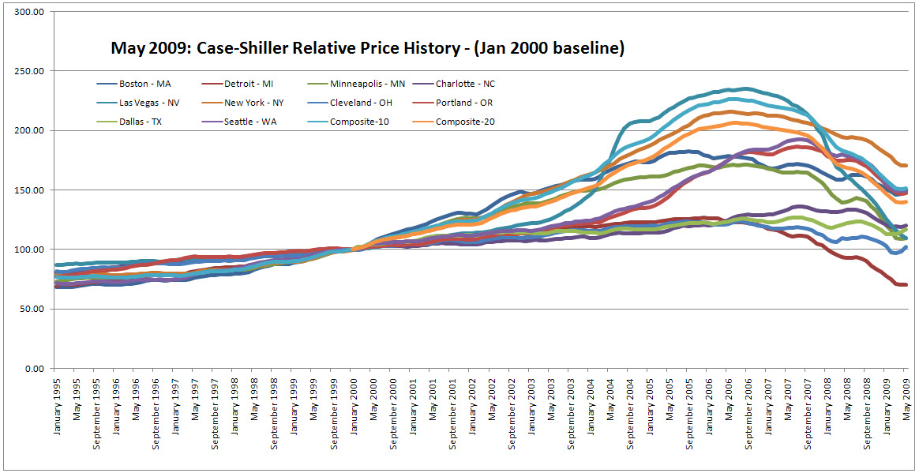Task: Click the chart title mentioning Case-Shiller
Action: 367,49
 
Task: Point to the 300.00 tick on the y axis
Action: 29,13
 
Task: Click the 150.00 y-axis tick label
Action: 29,190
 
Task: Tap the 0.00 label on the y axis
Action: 34,369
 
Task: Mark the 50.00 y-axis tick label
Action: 32,310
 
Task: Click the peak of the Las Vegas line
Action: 745,88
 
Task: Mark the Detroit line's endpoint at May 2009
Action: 906,284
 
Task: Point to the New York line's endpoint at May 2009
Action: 906,165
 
